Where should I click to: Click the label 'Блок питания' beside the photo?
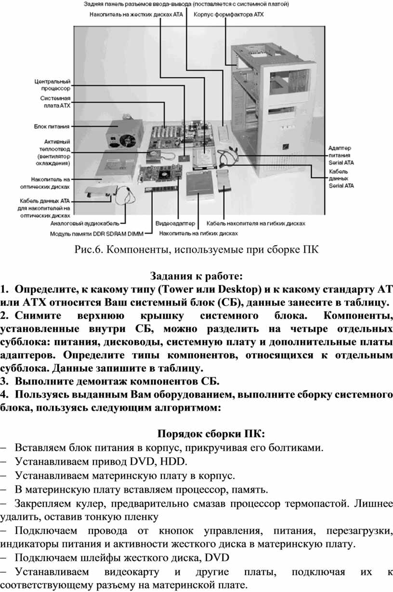(52, 126)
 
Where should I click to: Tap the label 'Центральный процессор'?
(52, 85)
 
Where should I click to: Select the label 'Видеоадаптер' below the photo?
(175, 223)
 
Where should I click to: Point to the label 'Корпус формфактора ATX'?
(229, 14)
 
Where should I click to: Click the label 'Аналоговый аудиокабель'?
(85, 224)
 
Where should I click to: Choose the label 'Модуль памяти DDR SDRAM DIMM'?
(97, 234)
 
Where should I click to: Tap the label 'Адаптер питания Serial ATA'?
(341, 155)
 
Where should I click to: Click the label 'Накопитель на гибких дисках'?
(198, 234)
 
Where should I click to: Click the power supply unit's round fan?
(128, 140)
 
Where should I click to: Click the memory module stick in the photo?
(161, 189)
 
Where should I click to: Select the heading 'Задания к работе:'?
(196, 276)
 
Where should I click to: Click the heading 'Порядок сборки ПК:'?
(211, 434)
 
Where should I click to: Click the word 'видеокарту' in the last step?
(131, 572)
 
